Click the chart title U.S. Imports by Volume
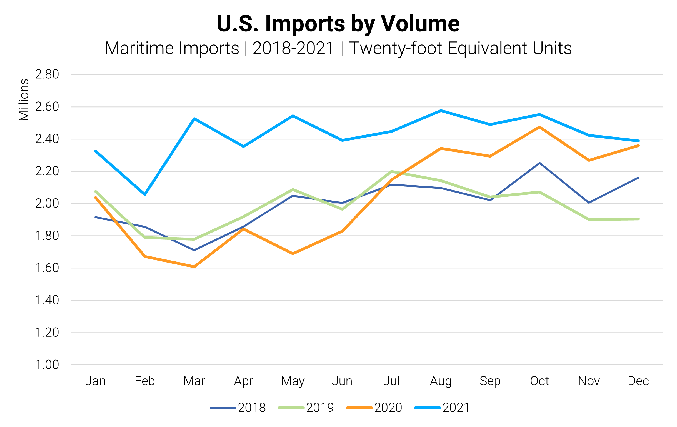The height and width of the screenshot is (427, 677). click(338, 24)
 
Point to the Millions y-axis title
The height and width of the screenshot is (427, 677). click(24, 100)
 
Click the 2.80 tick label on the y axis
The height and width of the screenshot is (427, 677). click(47, 74)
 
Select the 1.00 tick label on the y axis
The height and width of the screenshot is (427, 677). click(47, 365)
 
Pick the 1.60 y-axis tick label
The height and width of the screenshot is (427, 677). click(47, 268)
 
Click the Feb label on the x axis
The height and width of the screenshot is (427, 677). click(144, 381)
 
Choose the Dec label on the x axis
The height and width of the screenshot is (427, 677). click(638, 381)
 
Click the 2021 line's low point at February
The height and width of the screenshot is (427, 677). click(145, 194)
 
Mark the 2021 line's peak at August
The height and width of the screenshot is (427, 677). click(441, 111)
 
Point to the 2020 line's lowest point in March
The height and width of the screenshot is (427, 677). click(194, 266)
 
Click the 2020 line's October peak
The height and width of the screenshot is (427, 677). click(539, 127)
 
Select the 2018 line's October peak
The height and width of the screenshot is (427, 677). click(539, 163)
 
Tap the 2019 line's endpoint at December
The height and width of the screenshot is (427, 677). click(638, 219)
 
